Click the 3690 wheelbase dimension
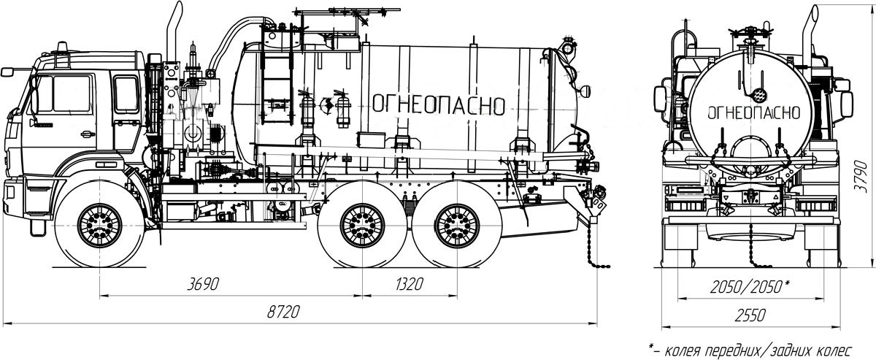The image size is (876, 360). (203, 284)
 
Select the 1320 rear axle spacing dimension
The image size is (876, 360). (410, 284)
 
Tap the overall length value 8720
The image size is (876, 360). (283, 312)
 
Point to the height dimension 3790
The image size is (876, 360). (861, 176)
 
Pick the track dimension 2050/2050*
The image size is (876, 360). (749, 287)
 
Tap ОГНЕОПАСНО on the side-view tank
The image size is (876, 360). (439, 105)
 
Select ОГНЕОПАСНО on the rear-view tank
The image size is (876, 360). (753, 113)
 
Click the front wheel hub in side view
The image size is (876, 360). (99, 226)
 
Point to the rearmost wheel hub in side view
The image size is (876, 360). (457, 226)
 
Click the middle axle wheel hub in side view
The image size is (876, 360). (362, 226)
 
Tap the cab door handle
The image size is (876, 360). (88, 134)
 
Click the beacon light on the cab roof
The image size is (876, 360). (62, 47)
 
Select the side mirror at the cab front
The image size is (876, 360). (7, 72)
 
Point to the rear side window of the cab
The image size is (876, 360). (126, 95)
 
